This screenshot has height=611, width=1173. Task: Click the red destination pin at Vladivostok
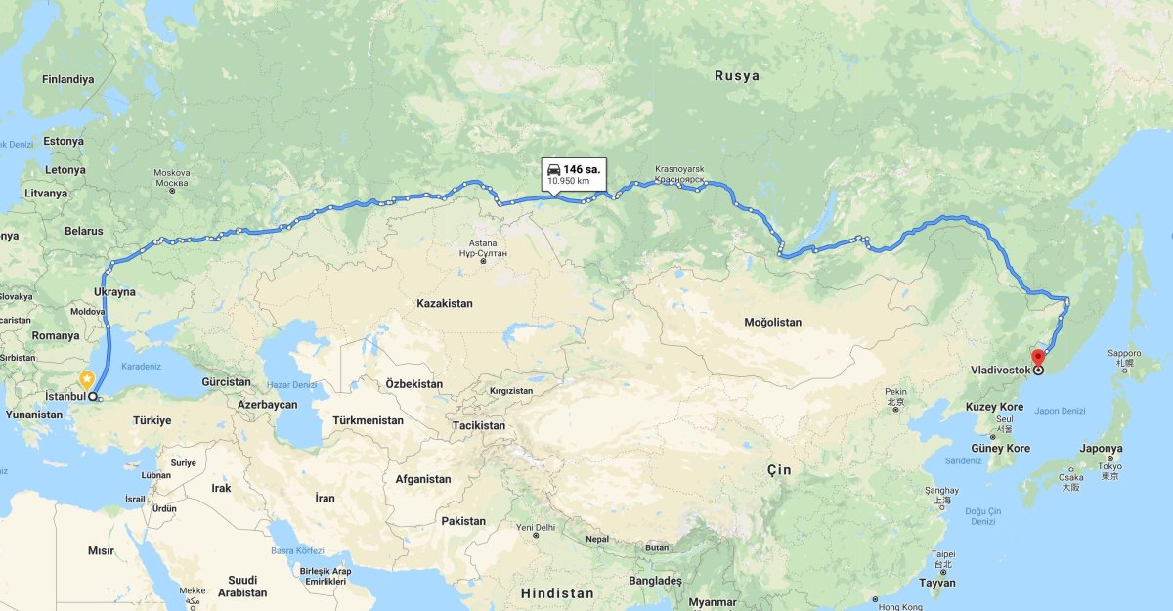(x=1038, y=358)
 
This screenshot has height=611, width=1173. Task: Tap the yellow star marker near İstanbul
(x=87, y=378)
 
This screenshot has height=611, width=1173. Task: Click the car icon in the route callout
(x=553, y=169)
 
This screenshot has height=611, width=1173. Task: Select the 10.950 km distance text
(x=568, y=181)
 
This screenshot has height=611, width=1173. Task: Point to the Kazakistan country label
(x=444, y=303)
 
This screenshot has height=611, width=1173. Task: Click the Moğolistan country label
(x=772, y=322)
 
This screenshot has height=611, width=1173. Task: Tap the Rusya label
(x=736, y=75)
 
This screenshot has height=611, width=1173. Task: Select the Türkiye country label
(x=152, y=420)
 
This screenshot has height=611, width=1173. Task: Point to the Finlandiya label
(x=67, y=79)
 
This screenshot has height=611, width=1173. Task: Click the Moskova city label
(x=172, y=173)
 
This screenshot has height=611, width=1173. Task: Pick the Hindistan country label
(x=557, y=593)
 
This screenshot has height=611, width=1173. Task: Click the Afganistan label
(x=423, y=479)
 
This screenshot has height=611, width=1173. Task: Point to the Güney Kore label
(x=1000, y=449)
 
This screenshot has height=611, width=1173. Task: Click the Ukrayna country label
(x=115, y=291)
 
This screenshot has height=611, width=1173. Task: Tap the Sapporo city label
(x=1124, y=353)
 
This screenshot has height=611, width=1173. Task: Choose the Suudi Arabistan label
(x=241, y=586)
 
